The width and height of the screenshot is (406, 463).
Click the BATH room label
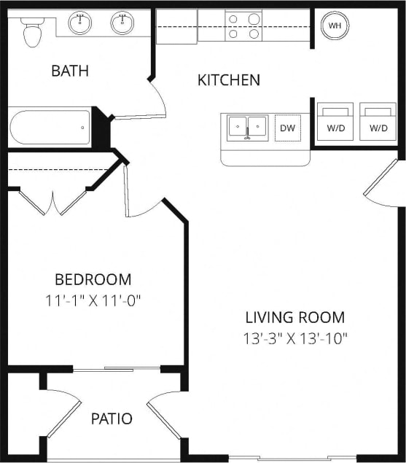pyautogui.click(x=70, y=71)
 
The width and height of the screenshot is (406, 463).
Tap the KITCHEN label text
pyautogui.click(x=228, y=79)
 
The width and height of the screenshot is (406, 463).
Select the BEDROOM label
pyautogui.click(x=93, y=279)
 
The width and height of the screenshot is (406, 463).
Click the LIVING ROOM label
pyautogui.click(x=294, y=317)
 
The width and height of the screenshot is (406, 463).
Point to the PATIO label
pyautogui.click(x=112, y=419)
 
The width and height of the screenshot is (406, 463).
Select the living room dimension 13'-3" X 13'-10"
pyautogui.click(x=294, y=338)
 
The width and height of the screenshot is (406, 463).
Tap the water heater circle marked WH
pyautogui.click(x=335, y=26)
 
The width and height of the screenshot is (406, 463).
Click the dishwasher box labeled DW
pyautogui.click(x=288, y=128)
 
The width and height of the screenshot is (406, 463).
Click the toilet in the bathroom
pyautogui.click(x=32, y=31)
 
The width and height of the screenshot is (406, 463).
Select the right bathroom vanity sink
pyautogui.click(x=122, y=23)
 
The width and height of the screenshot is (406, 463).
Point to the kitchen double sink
pyautogui.click(x=247, y=128)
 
